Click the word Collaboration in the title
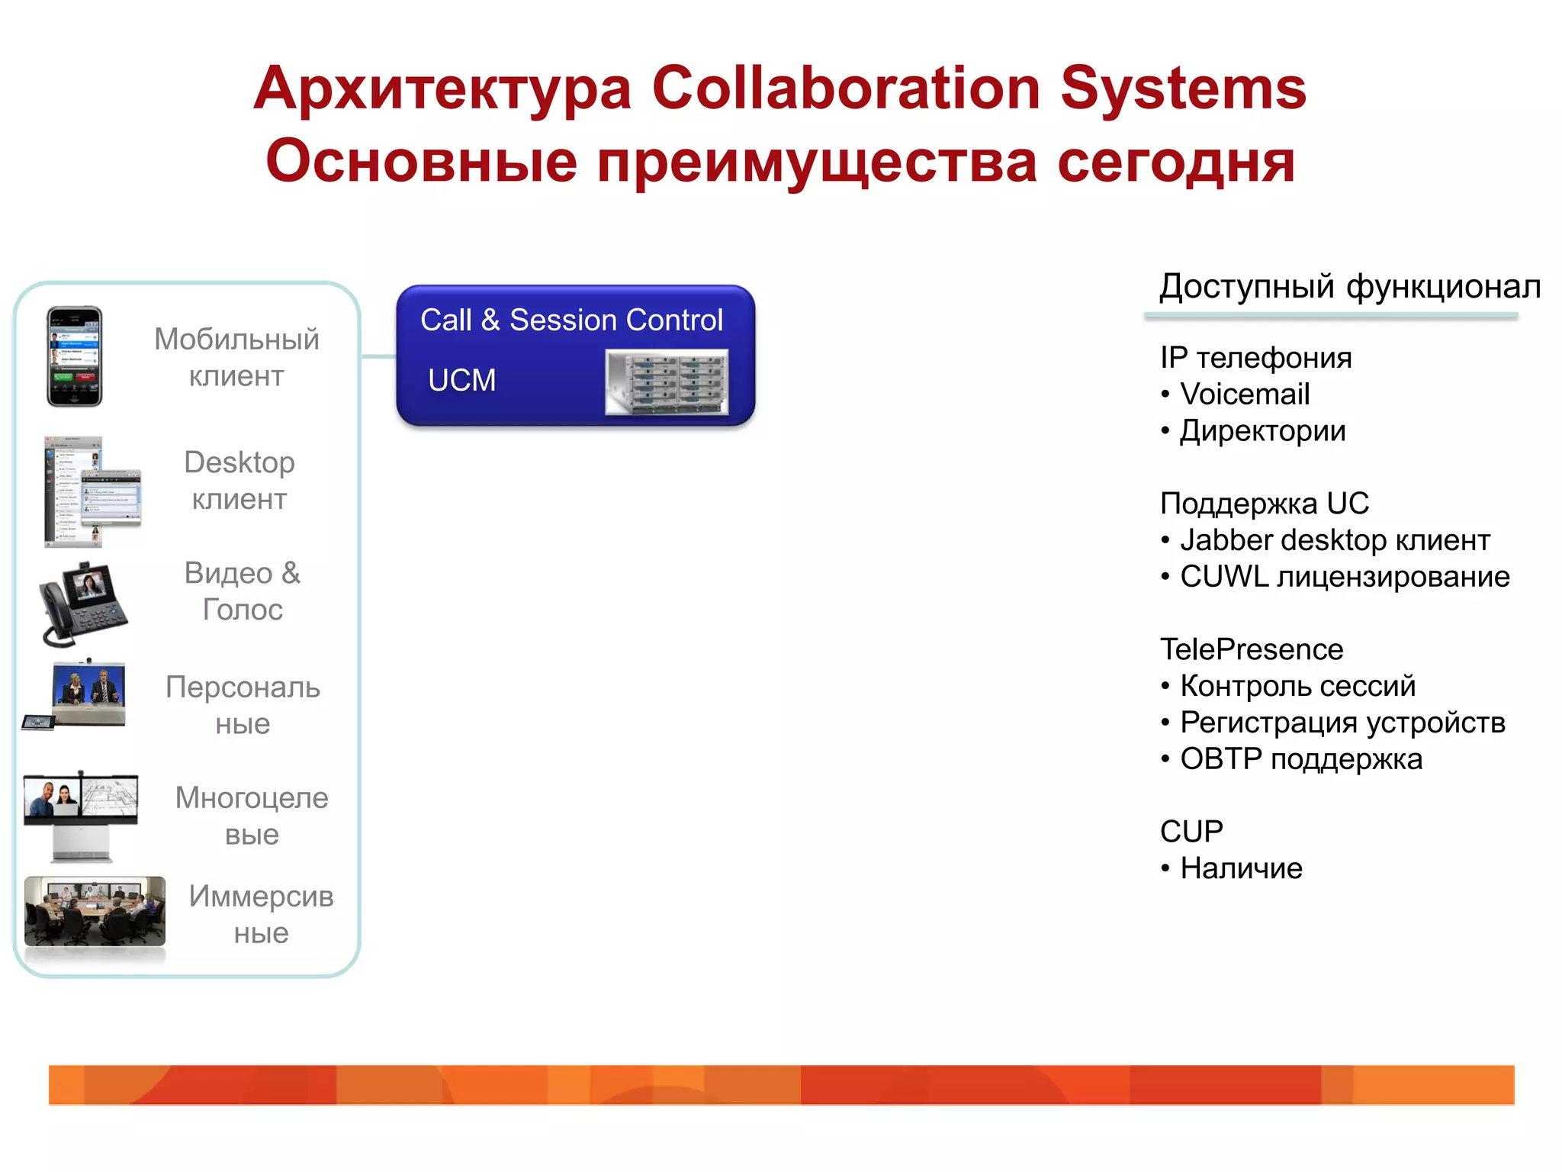click(846, 89)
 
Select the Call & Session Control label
click(571, 320)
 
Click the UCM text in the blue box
click(461, 380)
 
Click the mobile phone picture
click(74, 356)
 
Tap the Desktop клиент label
click(239, 481)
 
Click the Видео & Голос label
click(243, 591)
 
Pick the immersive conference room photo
click(95, 911)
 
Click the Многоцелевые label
click(252, 816)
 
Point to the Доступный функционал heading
click(1349, 287)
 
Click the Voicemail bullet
click(1244, 394)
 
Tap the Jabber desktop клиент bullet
click(1334, 540)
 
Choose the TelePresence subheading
click(1251, 649)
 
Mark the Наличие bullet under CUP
click(1241, 868)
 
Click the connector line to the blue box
click(378, 356)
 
